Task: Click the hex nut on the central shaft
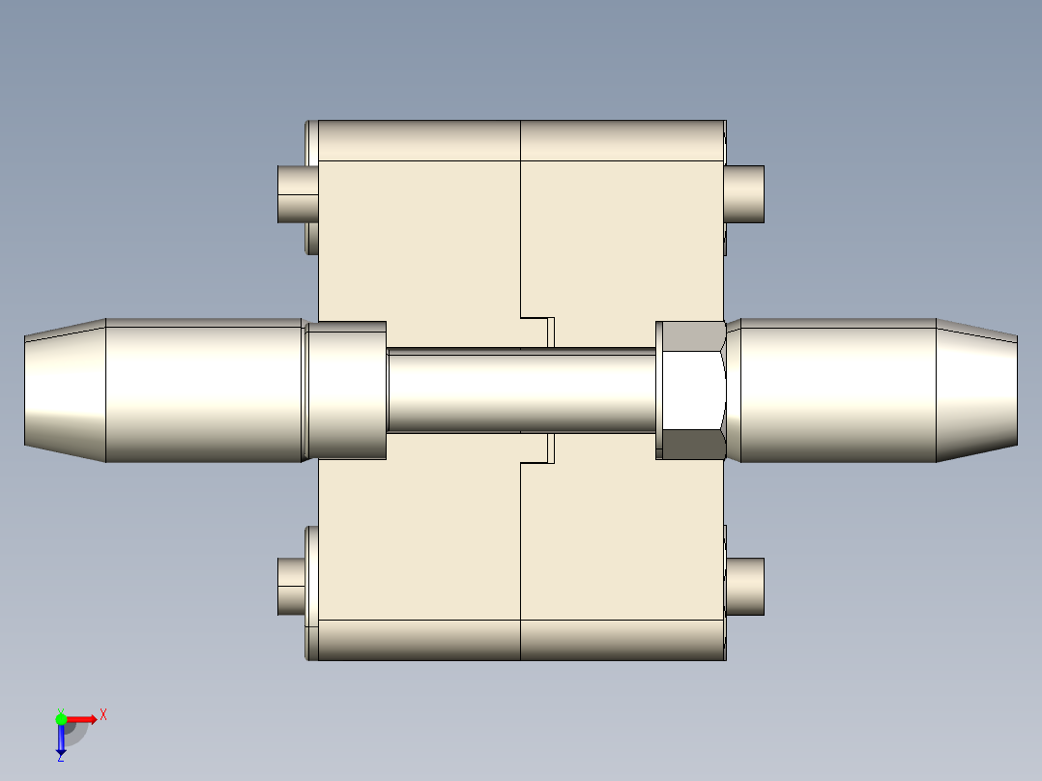(x=690, y=390)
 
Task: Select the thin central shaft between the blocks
(x=522, y=390)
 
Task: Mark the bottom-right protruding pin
(x=745, y=586)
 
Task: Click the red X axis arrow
(x=83, y=719)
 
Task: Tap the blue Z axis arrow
(x=61, y=739)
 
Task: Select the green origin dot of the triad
(x=61, y=718)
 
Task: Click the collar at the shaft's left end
(x=346, y=390)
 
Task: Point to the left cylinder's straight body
(x=203, y=390)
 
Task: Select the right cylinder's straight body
(x=831, y=390)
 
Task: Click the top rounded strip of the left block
(x=420, y=141)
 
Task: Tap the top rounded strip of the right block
(x=622, y=141)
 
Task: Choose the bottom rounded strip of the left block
(x=420, y=640)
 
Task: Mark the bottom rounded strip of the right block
(x=622, y=640)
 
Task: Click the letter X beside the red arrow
(x=103, y=715)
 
